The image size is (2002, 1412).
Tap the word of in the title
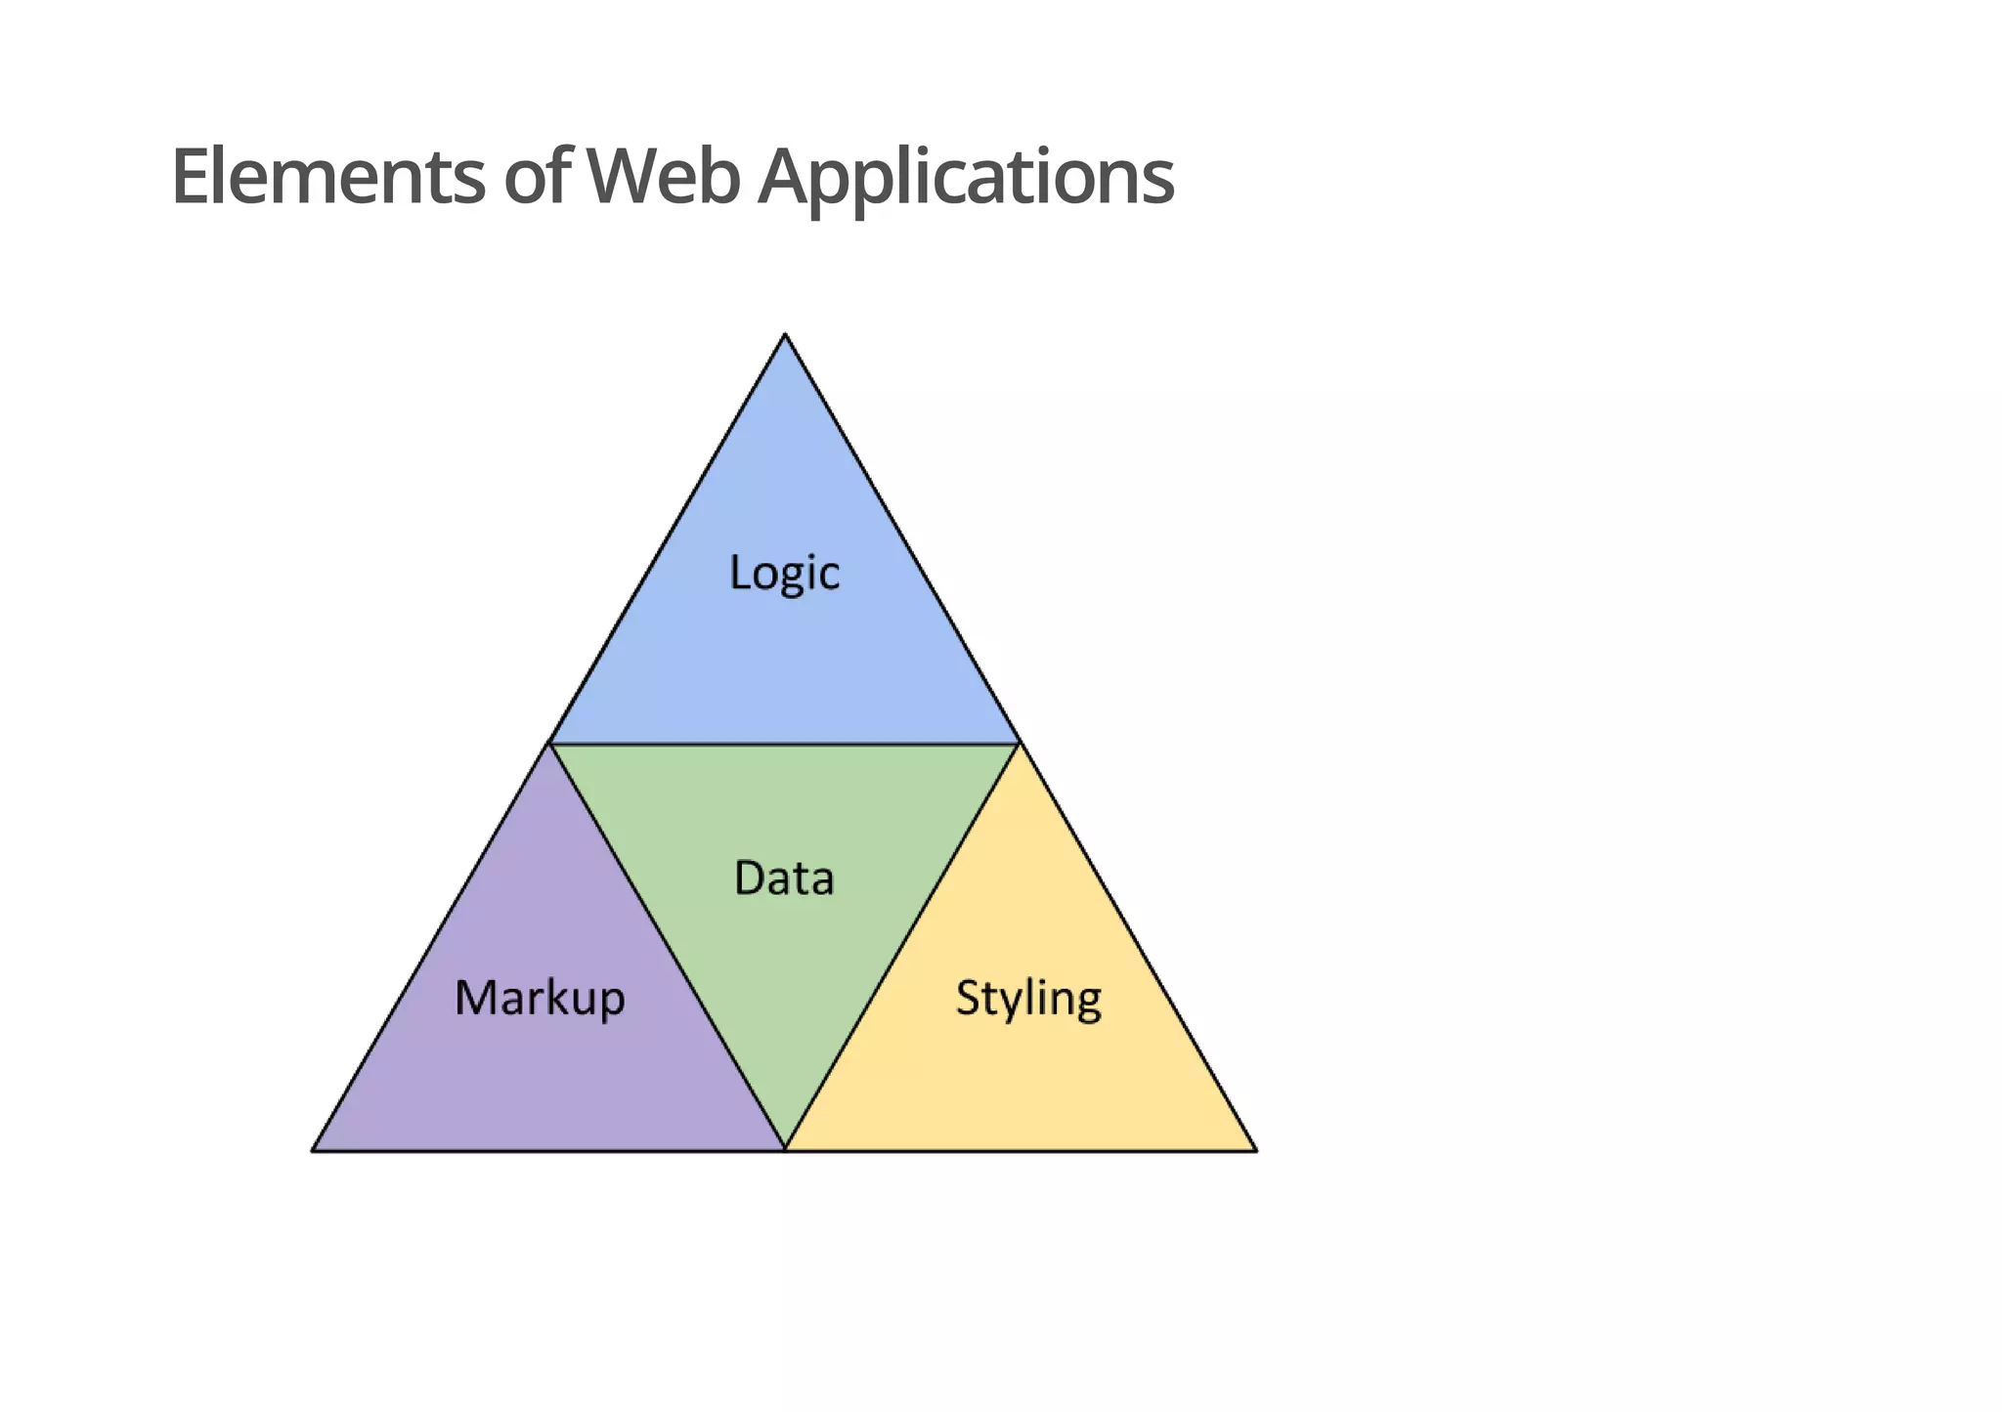(x=537, y=177)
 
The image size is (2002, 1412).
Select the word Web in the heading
(x=662, y=177)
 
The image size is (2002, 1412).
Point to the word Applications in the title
(x=966, y=179)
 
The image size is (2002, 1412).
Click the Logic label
(x=784, y=573)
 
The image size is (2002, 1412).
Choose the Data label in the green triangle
(x=784, y=877)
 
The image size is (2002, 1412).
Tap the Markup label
(x=540, y=999)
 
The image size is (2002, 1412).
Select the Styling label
(x=1028, y=999)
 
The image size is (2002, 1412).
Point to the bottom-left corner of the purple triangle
(x=313, y=1150)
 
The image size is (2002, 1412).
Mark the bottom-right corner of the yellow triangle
(x=1256, y=1150)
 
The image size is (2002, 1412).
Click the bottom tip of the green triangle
(x=785, y=1148)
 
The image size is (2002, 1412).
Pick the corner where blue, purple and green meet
(x=550, y=744)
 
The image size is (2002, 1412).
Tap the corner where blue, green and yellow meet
(x=1019, y=744)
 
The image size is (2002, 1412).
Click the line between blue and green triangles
(x=785, y=744)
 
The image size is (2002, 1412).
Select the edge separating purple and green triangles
(x=668, y=947)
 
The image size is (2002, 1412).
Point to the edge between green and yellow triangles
(x=901, y=947)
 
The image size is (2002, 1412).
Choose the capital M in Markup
(x=476, y=998)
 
